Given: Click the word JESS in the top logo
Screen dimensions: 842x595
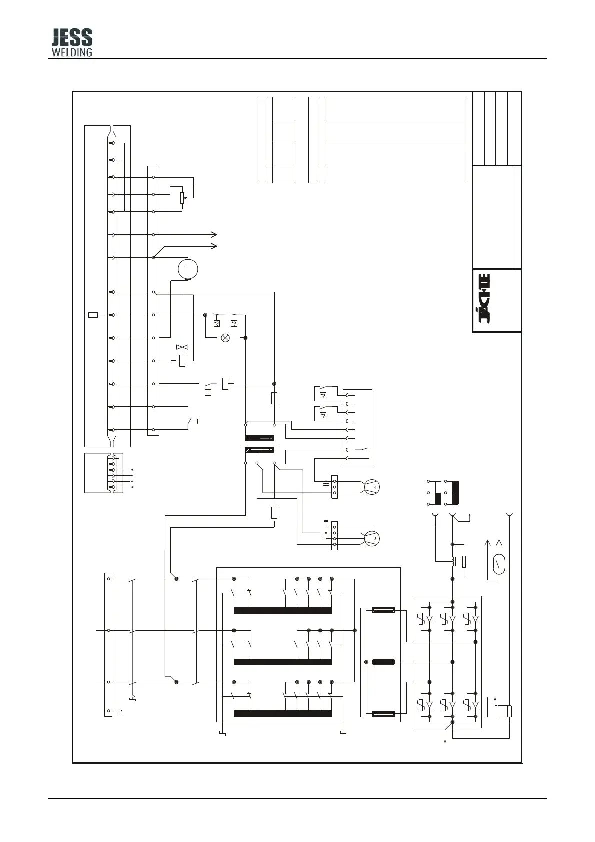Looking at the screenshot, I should [x=72, y=37].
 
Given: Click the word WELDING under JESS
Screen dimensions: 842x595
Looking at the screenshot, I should [x=72, y=51].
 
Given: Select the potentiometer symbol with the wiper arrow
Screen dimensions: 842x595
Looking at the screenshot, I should [x=182, y=198].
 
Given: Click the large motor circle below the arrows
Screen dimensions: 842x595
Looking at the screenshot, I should [x=188, y=269].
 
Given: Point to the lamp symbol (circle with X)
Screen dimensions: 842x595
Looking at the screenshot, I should [x=225, y=338].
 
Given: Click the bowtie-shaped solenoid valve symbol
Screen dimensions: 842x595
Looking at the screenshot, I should [x=182, y=347].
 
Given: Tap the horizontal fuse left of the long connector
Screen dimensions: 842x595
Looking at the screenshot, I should [x=93, y=315].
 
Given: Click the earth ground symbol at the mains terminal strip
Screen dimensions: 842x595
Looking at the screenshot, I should [x=120, y=711].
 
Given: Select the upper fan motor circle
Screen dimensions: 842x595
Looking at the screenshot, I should [x=372, y=487].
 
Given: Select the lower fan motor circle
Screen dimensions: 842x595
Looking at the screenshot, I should [x=372, y=538].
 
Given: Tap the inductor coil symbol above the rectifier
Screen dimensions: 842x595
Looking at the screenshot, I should [x=453, y=561].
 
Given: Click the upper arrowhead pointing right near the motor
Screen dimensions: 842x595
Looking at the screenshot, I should [x=214, y=234].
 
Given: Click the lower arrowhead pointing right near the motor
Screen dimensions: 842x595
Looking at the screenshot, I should [x=214, y=246].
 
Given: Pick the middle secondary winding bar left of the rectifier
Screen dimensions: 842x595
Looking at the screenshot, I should [x=383, y=662].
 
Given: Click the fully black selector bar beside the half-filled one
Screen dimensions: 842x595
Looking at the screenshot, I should [x=455, y=493].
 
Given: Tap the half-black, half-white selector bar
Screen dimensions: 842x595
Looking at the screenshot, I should [x=438, y=493].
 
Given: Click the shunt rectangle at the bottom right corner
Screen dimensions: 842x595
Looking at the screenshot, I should [x=509, y=712].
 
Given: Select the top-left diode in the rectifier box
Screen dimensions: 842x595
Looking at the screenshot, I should [x=429, y=619].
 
